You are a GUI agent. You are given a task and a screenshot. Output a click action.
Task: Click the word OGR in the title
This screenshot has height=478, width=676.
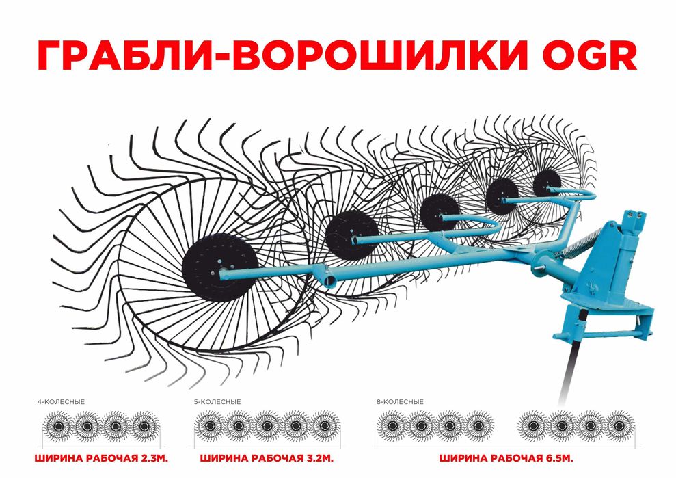[x=589, y=55]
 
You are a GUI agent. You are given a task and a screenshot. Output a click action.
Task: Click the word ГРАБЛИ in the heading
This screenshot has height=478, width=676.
[x=122, y=55]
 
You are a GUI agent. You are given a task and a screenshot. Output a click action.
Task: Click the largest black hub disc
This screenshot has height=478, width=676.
[x=220, y=267]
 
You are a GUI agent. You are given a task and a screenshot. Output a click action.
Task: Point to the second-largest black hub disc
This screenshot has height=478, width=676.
[x=351, y=235]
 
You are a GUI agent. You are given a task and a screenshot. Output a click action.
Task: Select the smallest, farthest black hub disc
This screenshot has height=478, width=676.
[x=547, y=183]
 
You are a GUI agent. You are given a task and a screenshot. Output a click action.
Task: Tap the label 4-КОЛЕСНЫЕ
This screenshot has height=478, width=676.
[x=62, y=401]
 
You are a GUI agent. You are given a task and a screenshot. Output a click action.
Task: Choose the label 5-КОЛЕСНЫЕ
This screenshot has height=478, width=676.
[x=217, y=401]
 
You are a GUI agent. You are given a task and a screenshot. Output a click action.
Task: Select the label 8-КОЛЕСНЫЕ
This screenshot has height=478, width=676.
[x=400, y=401]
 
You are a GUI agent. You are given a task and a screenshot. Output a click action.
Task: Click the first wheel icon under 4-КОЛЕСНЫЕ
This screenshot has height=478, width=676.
[x=59, y=427]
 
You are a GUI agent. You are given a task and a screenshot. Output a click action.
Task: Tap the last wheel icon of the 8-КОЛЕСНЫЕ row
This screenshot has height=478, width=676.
[x=619, y=426]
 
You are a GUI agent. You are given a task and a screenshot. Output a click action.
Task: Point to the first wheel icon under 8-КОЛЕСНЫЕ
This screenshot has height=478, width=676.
[x=392, y=426]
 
